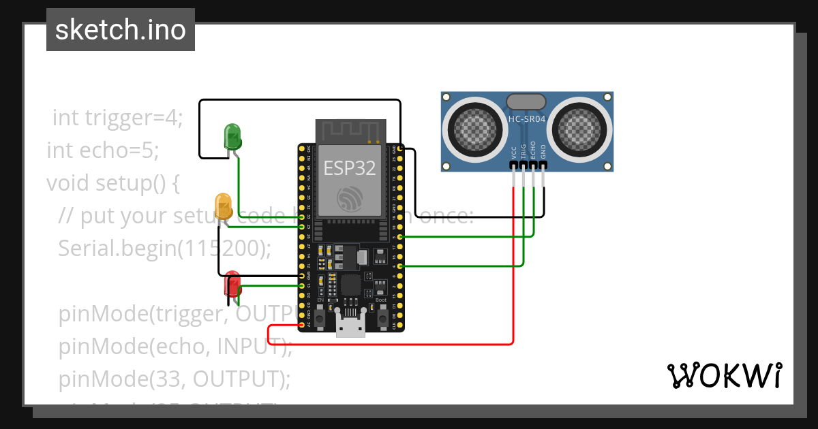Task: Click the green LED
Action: (x=232, y=136)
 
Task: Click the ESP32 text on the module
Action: (x=350, y=168)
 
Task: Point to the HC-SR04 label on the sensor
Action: (x=526, y=120)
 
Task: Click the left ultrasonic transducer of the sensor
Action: (x=473, y=127)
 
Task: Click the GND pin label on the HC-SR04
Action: (x=543, y=151)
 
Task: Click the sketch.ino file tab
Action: (x=121, y=30)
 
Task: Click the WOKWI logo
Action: (x=724, y=375)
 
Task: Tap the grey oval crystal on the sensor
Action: (x=526, y=102)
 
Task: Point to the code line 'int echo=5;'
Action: (x=102, y=150)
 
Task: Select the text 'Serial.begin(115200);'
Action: (x=164, y=248)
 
